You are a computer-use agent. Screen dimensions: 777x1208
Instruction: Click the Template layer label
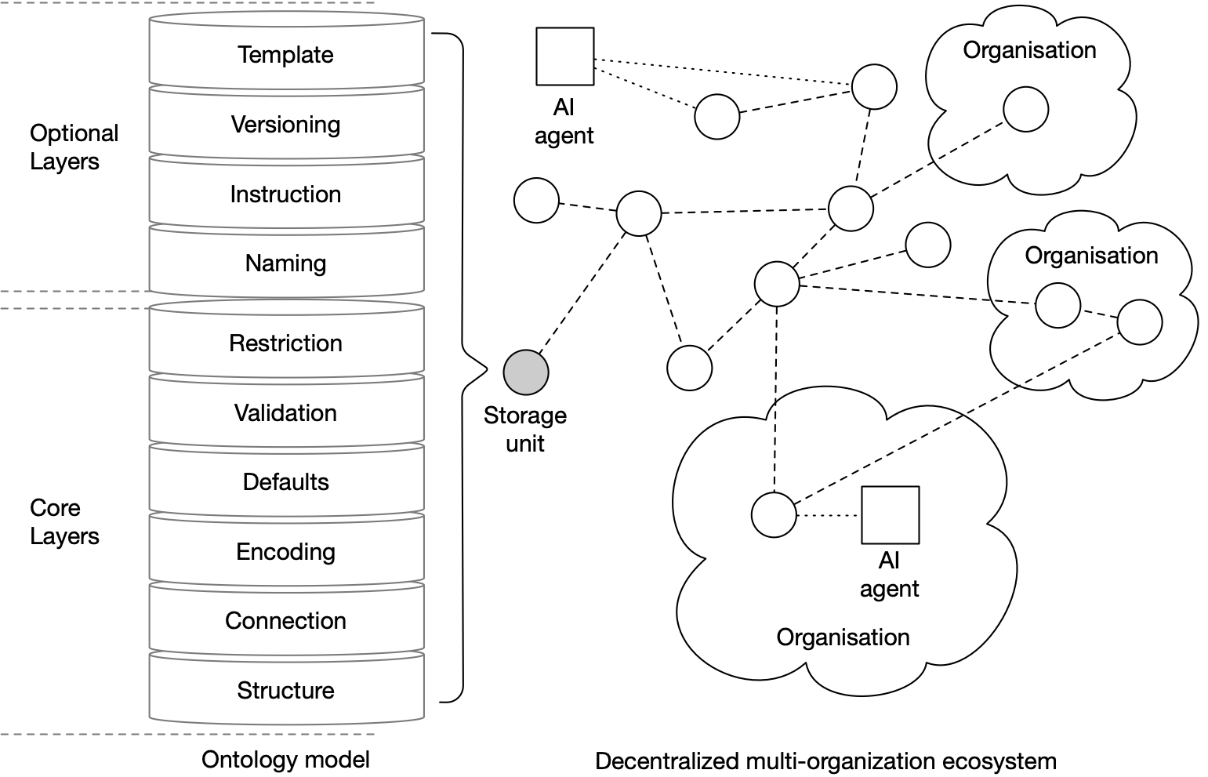(285, 55)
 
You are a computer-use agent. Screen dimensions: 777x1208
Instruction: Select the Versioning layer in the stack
(285, 125)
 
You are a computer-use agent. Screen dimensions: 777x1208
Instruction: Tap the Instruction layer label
(285, 194)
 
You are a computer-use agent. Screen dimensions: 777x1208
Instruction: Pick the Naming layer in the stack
(285, 263)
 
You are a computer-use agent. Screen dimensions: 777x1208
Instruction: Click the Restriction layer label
(285, 343)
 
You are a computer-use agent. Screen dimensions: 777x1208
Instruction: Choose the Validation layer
(285, 413)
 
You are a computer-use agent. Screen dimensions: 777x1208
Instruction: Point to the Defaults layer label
(285, 482)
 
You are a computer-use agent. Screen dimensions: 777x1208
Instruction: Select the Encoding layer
(285, 552)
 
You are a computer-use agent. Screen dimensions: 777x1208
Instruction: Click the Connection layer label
(285, 621)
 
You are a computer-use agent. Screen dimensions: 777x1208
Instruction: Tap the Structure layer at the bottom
(285, 691)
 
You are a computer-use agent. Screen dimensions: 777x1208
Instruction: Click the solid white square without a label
(564, 56)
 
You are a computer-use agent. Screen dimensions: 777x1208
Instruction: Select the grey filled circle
(526, 372)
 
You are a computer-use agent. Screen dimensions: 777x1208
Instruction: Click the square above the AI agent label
(890, 515)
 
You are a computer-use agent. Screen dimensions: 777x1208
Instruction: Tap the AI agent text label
(889, 575)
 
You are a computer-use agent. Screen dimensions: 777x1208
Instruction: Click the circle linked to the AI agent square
(774, 515)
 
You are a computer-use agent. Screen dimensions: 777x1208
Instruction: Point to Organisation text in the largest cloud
(843, 637)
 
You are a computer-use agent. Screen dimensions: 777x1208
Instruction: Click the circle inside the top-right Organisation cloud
(1025, 110)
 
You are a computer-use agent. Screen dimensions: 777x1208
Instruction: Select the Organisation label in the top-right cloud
(1029, 50)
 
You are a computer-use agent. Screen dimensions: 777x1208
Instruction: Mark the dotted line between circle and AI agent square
(829, 516)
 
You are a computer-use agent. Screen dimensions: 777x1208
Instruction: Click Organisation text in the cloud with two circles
(1091, 256)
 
